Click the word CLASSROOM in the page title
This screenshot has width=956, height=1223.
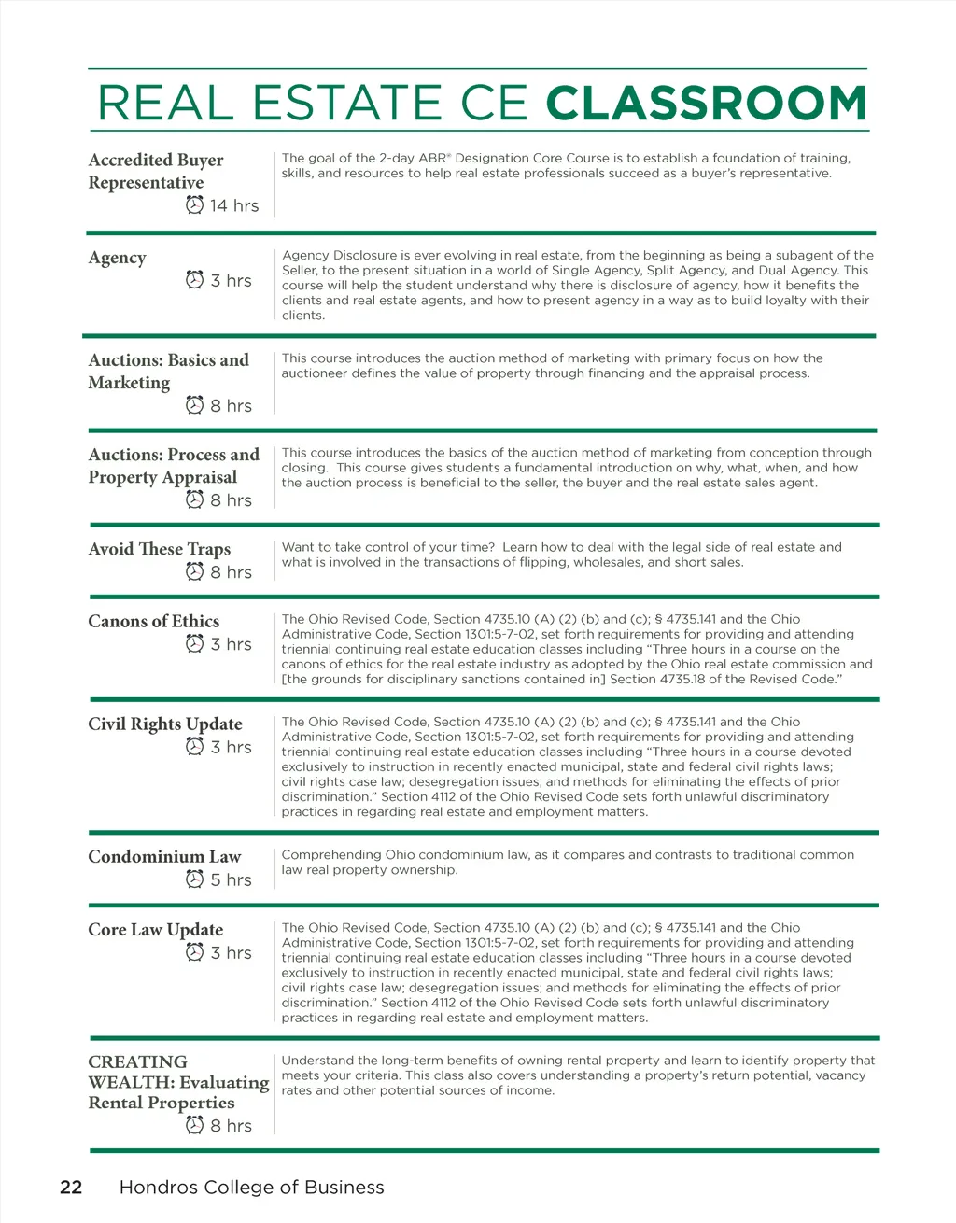706,104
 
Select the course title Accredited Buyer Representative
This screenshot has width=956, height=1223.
155,171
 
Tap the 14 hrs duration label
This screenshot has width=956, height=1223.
233,205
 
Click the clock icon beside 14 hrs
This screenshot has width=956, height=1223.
194,204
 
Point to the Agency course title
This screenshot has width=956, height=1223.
117,258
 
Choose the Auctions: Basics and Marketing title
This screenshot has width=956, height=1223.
168,371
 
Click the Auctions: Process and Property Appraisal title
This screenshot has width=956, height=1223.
173,465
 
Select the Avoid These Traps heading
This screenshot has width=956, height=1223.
159,549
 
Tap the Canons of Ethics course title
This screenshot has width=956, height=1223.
153,621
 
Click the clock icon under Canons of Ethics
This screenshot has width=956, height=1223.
194,643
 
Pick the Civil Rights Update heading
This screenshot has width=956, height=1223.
164,724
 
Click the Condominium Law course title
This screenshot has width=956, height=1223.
164,856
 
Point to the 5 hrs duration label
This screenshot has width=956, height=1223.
231,879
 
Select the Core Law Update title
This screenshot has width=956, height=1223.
155,929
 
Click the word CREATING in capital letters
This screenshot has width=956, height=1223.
137,1061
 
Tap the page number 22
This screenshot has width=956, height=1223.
71,1187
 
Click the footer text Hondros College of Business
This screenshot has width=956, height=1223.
251,1187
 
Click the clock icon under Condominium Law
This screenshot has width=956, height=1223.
194,879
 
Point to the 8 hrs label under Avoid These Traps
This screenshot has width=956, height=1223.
231,572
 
